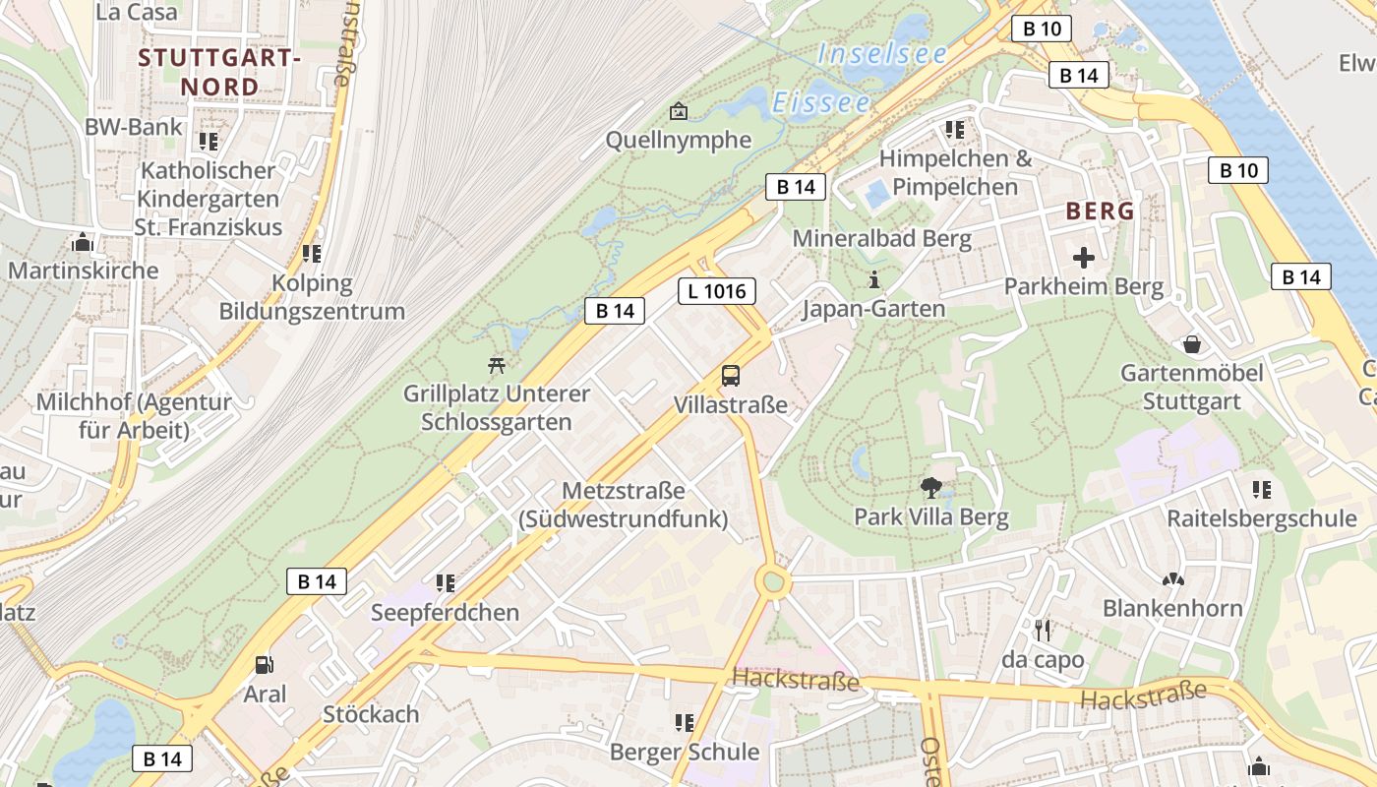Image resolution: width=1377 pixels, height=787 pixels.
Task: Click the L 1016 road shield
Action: click(717, 291)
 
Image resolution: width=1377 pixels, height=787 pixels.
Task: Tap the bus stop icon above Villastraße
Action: click(731, 375)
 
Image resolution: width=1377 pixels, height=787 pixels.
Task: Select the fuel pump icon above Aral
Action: click(264, 665)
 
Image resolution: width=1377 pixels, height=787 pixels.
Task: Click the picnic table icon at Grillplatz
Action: click(497, 365)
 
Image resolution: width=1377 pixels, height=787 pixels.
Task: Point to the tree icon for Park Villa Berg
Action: click(930, 486)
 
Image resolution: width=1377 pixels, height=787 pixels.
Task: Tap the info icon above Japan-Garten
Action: click(873, 279)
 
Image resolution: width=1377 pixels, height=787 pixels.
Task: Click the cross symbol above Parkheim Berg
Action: click(1084, 258)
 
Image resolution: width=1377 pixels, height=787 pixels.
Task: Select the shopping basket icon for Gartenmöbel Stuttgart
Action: click(1192, 343)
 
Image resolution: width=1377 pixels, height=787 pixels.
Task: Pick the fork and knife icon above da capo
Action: click(1043, 629)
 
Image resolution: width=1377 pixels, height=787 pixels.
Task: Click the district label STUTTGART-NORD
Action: click(218, 72)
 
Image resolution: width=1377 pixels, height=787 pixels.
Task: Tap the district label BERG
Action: click(1101, 211)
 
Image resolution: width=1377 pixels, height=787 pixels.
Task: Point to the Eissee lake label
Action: click(821, 102)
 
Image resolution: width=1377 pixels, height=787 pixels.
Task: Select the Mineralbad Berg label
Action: click(881, 238)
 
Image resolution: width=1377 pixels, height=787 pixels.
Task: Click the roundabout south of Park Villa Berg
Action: click(774, 582)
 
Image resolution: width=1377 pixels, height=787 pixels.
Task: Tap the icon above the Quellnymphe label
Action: click(678, 110)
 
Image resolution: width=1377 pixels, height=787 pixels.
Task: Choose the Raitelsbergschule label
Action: click(1261, 518)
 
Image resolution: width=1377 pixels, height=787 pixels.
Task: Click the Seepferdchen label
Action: click(445, 612)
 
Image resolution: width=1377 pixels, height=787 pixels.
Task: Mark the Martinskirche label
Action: click(83, 270)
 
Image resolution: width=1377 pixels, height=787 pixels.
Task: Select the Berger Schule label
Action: click(685, 752)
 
